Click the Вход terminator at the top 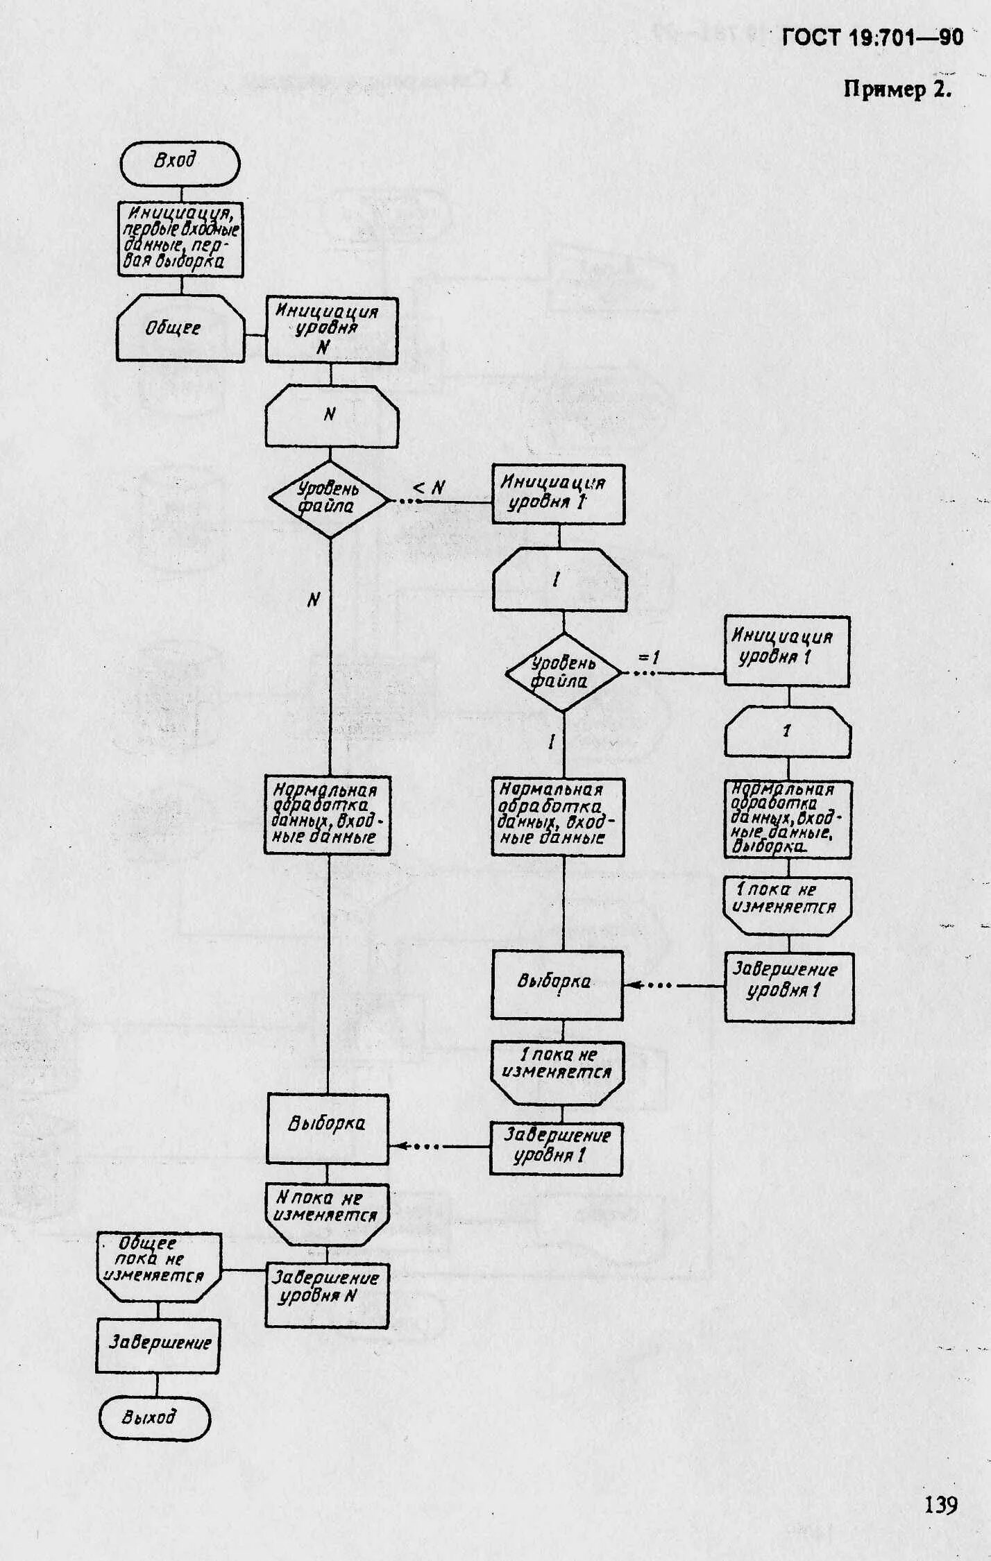point(180,163)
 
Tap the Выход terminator point(154,1417)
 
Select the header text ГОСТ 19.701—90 point(872,37)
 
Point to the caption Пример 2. point(897,89)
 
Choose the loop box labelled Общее point(180,327)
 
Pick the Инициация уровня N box point(332,330)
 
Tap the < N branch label point(429,488)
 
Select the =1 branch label point(648,657)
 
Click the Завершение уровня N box point(327,1295)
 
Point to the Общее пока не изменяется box point(158,1267)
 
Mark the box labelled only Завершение point(158,1342)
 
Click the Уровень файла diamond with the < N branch point(328,499)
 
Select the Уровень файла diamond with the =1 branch point(563,672)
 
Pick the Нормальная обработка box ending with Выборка point(788,819)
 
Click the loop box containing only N point(332,416)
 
